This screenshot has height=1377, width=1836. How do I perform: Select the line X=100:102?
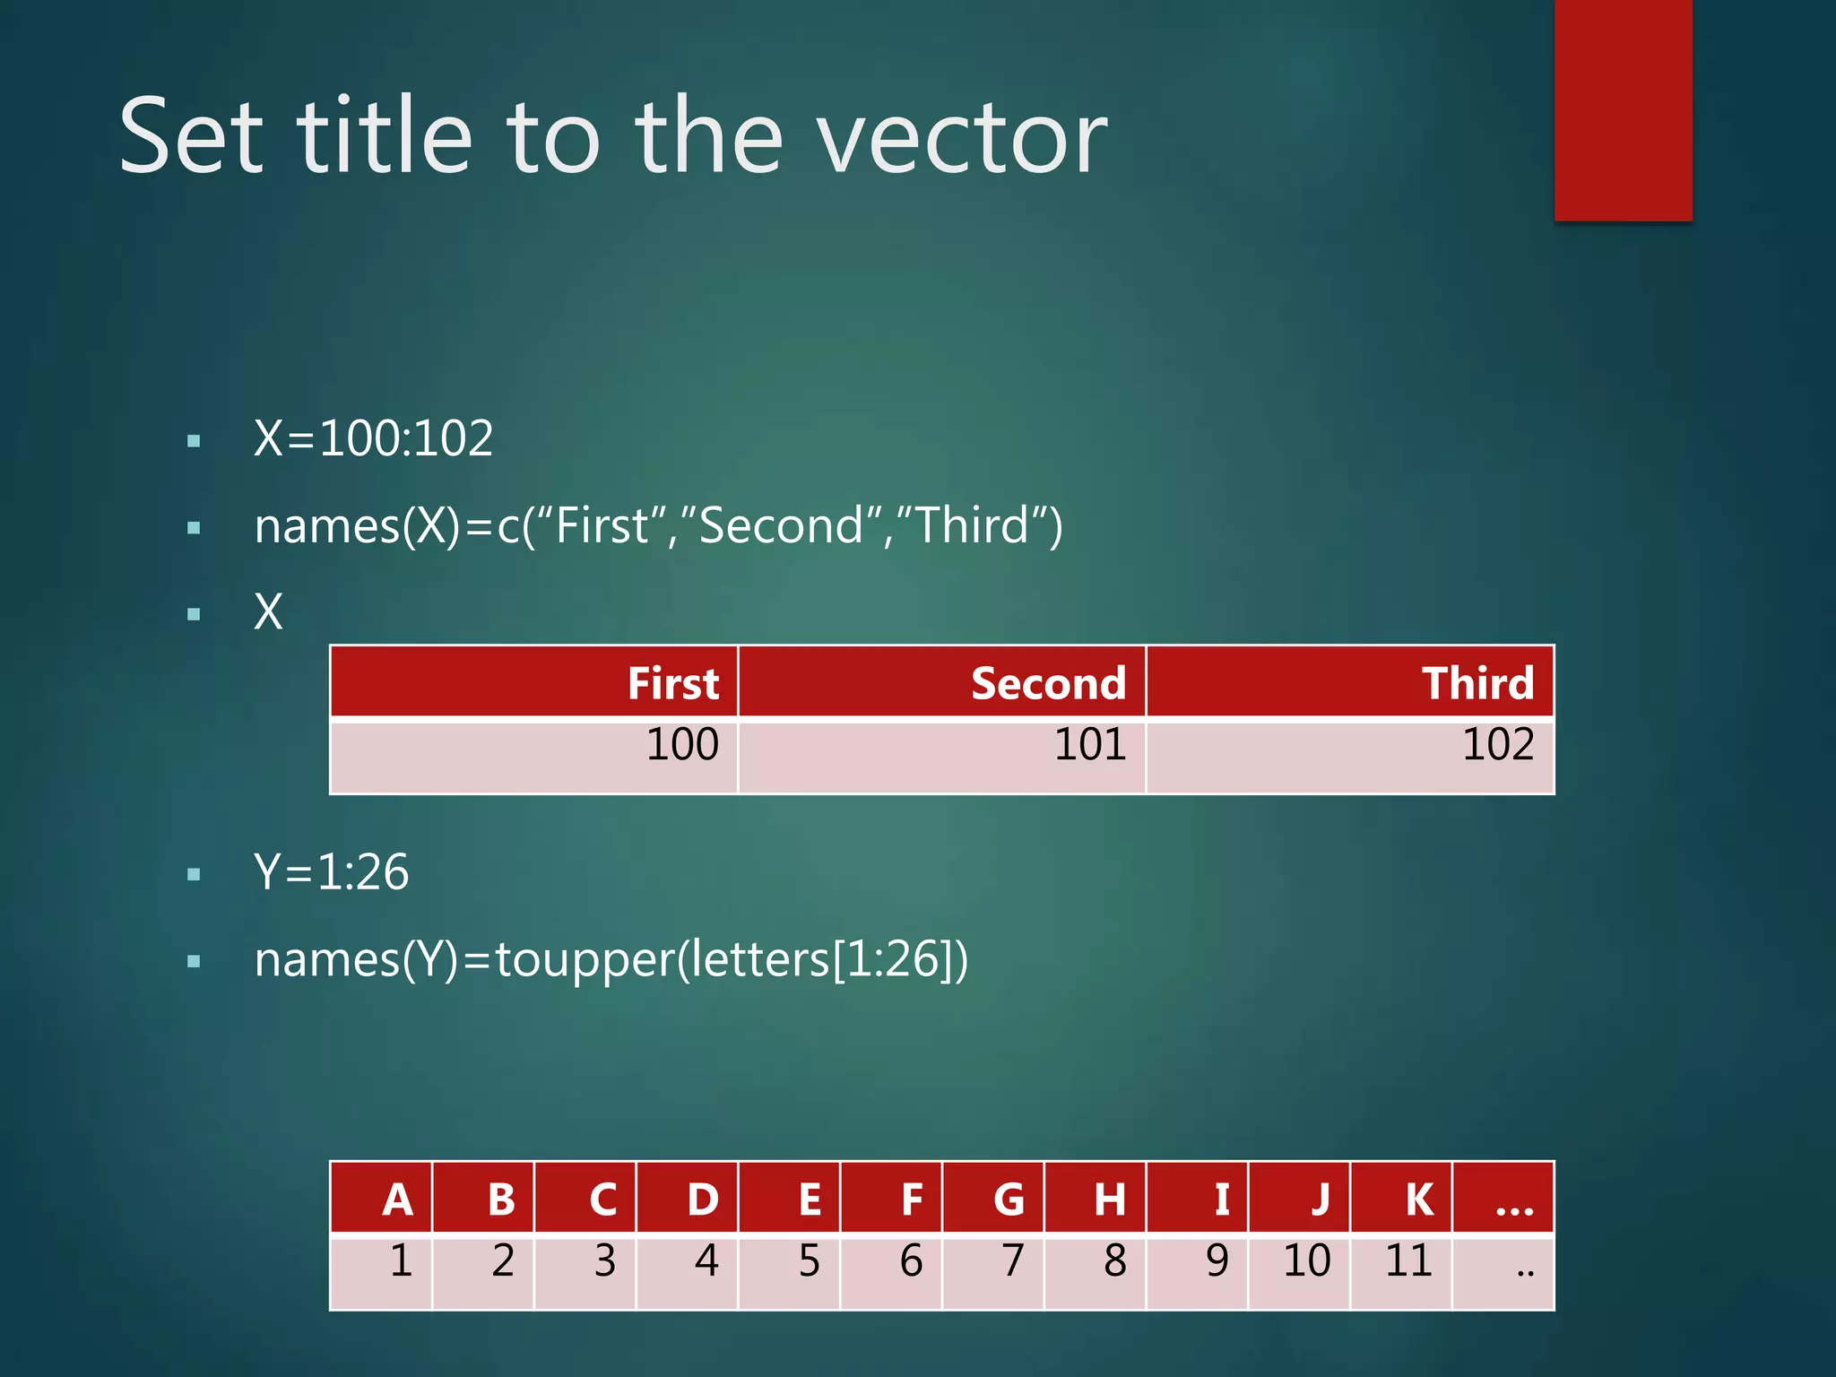(373, 438)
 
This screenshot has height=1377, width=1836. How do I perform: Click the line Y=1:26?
(332, 871)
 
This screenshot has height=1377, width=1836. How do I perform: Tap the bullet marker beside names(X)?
(194, 528)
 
